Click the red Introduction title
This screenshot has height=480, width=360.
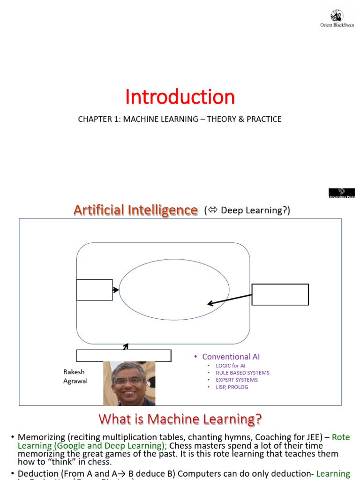(x=180, y=97)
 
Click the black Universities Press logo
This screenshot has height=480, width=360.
(x=341, y=193)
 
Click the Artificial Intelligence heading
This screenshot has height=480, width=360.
(x=135, y=210)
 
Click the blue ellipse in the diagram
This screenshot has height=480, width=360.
(x=174, y=290)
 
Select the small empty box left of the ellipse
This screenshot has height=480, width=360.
(x=94, y=290)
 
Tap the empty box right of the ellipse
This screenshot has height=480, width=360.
(x=280, y=294)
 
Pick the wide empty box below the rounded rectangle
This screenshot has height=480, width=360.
(x=123, y=356)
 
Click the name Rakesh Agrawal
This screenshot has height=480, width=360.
(x=75, y=376)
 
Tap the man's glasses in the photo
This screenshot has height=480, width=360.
(x=128, y=380)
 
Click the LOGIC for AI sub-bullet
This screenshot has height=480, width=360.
(x=230, y=366)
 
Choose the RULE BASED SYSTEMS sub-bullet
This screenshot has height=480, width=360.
(x=242, y=373)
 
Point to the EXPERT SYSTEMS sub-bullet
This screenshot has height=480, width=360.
(x=236, y=380)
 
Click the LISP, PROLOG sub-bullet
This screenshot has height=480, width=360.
(x=232, y=387)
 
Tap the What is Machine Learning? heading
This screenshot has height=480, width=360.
(x=180, y=418)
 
